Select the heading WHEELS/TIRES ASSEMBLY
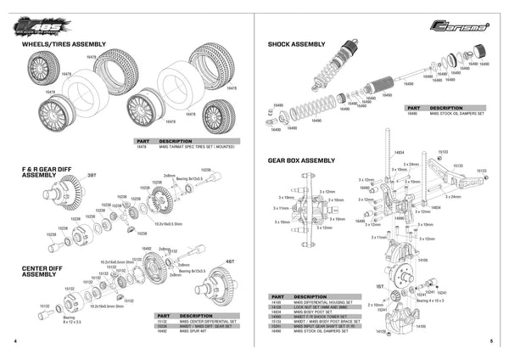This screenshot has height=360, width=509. pos(64,43)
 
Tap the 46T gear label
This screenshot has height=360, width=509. pos(228,262)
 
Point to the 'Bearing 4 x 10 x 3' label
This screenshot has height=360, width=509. pos(433,299)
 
